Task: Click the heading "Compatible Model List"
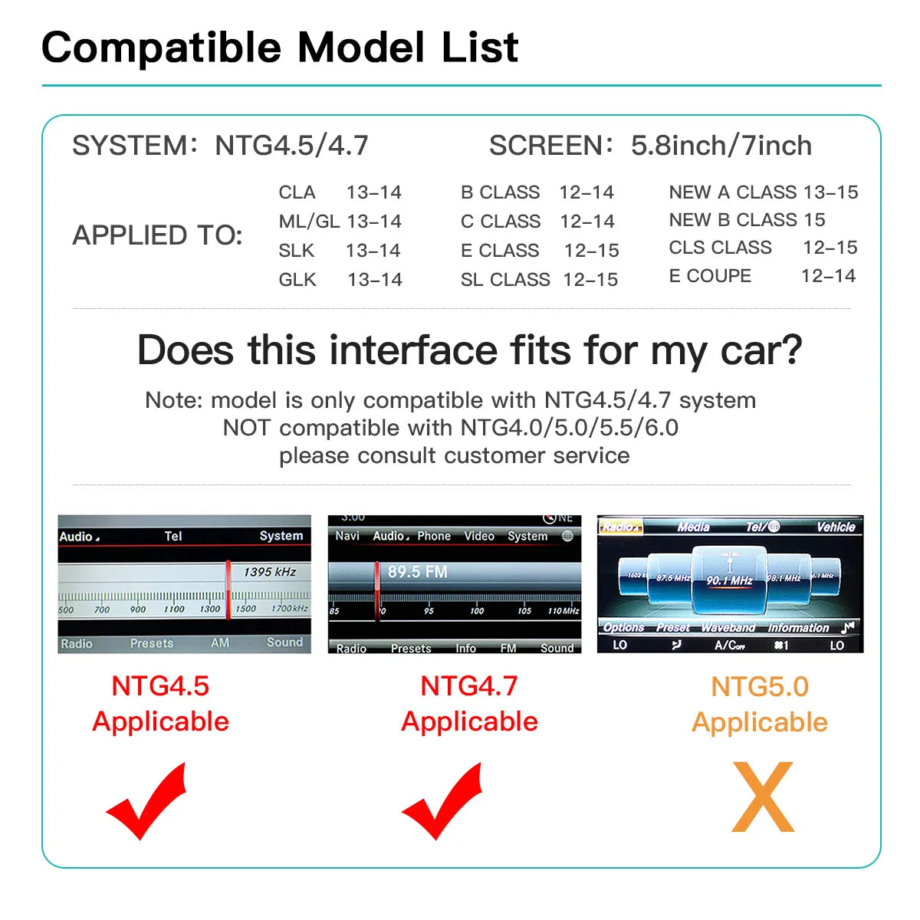click(x=280, y=48)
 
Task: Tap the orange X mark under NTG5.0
click(x=763, y=797)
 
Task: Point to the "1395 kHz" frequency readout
click(x=270, y=572)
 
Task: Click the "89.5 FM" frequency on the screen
click(x=417, y=572)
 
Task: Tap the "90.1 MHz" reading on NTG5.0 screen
click(x=729, y=580)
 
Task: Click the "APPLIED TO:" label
click(x=157, y=235)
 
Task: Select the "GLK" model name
click(x=297, y=280)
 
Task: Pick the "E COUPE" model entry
click(x=710, y=276)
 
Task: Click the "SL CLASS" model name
click(x=505, y=280)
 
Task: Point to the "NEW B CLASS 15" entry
click(x=747, y=220)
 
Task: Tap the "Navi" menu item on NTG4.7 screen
click(x=347, y=536)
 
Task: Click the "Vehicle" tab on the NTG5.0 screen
click(x=836, y=527)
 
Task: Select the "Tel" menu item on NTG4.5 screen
click(x=173, y=536)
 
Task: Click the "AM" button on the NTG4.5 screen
click(x=220, y=642)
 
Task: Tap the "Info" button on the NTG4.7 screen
click(x=465, y=648)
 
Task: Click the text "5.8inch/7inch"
click(x=721, y=146)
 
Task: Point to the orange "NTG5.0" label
click(x=760, y=686)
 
